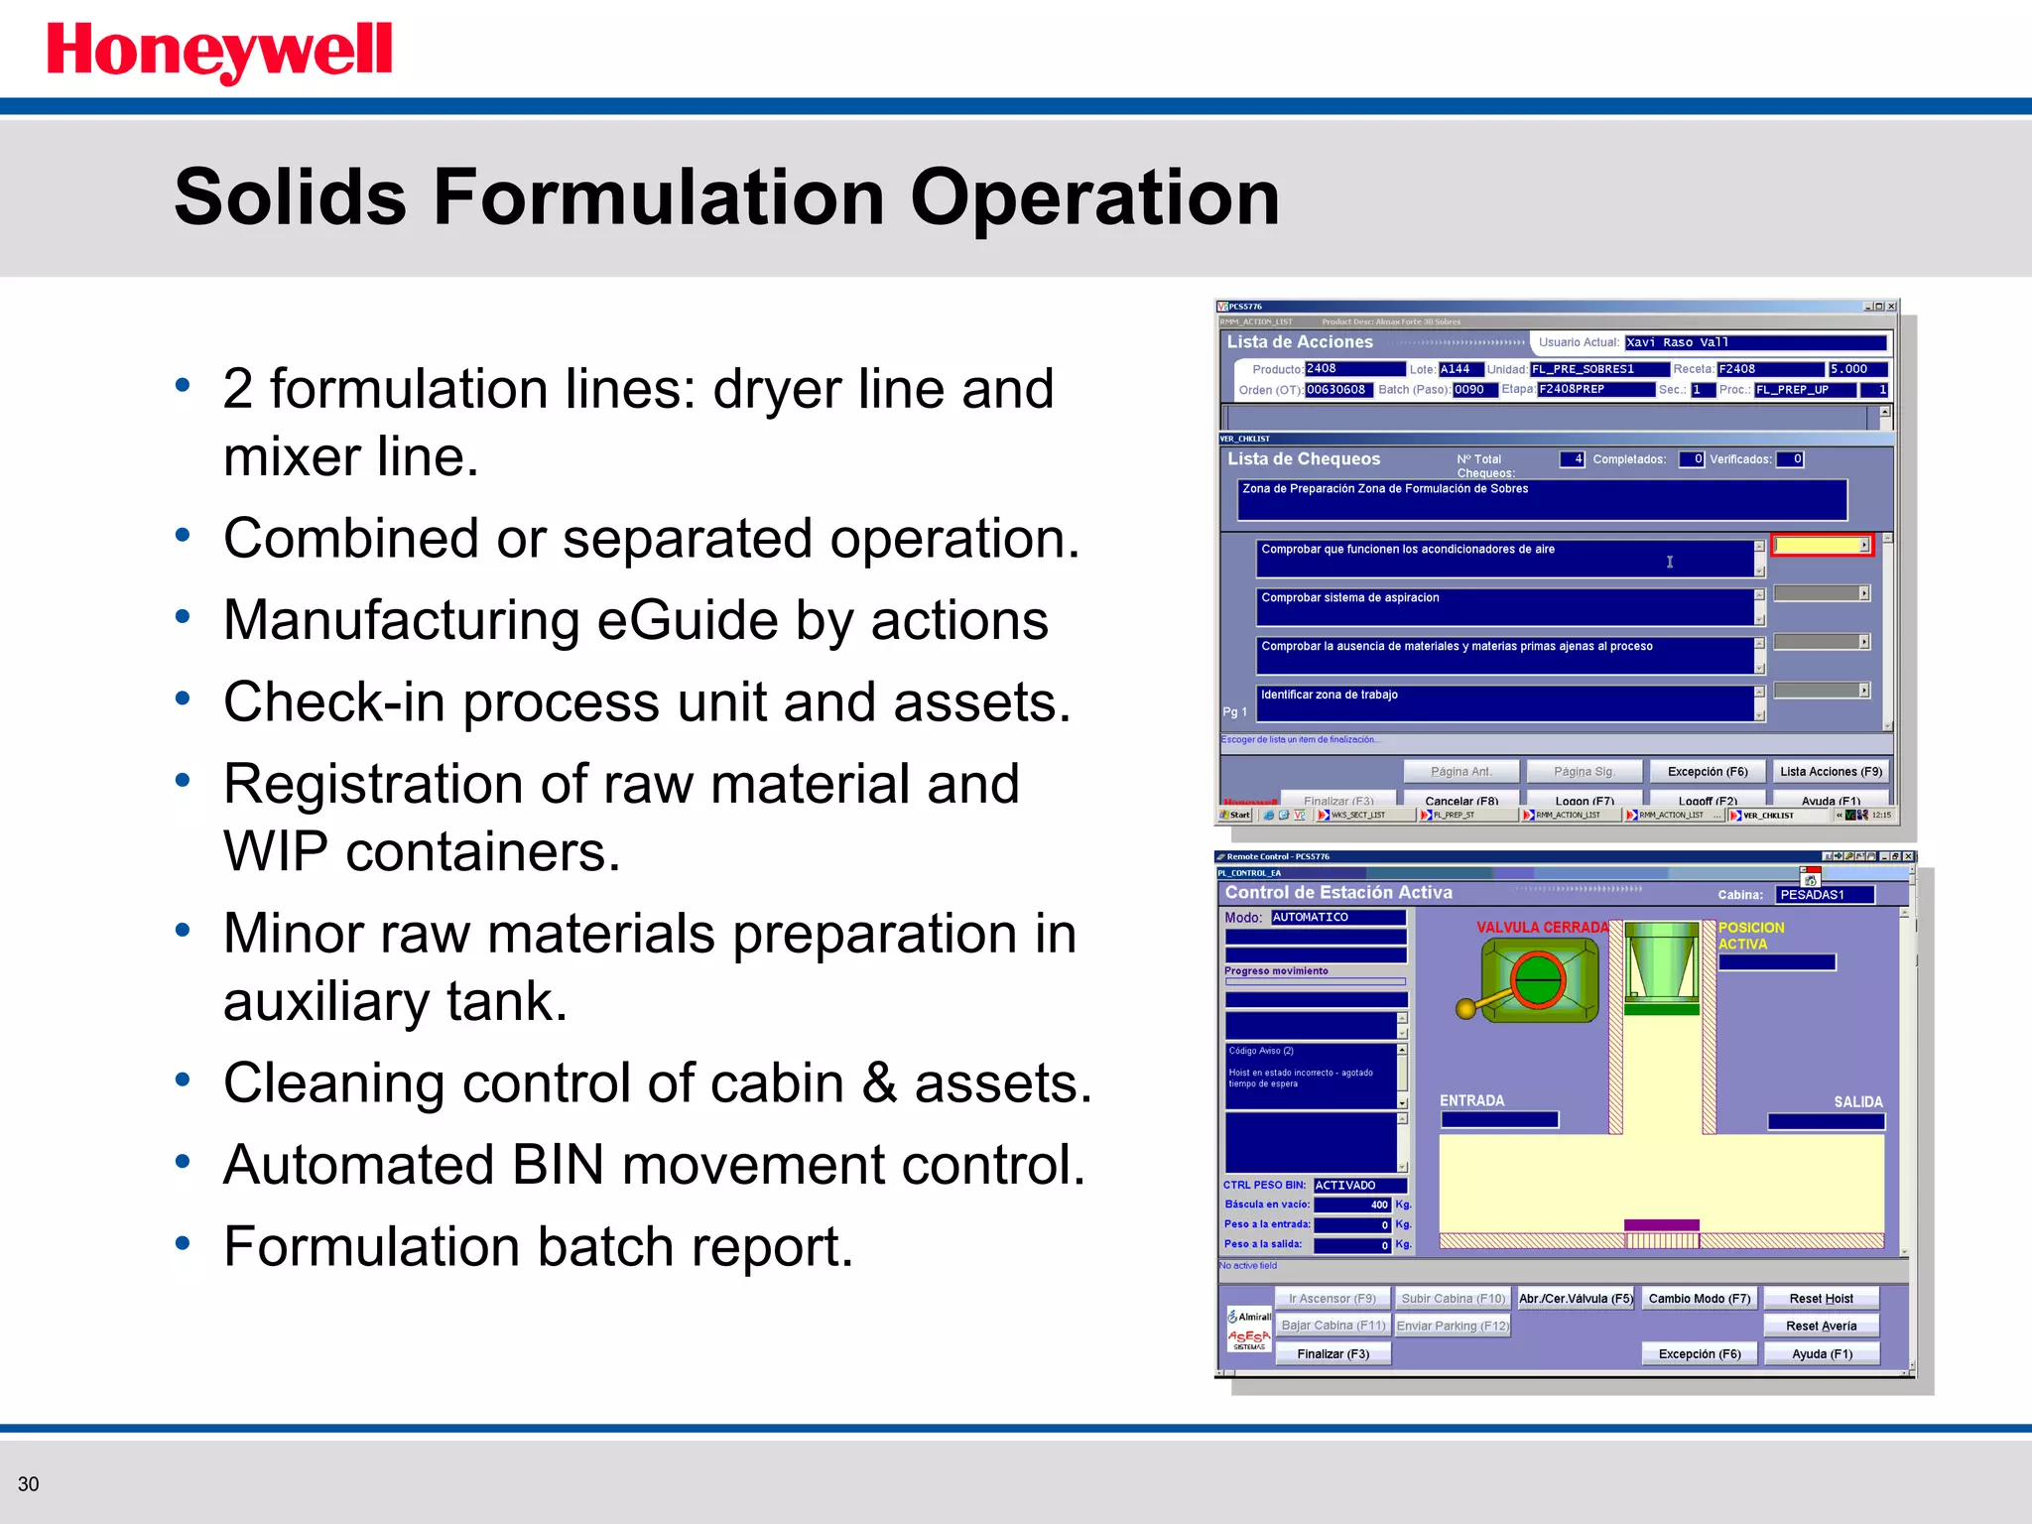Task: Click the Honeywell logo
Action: pyautogui.click(x=219, y=52)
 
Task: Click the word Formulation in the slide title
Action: pyautogui.click(x=658, y=197)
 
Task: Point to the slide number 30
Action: pyautogui.click(x=28, y=1484)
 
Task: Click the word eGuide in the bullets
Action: pyautogui.click(x=688, y=620)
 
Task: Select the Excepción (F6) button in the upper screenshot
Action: pyautogui.click(x=1707, y=771)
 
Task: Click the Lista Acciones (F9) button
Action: pyautogui.click(x=1831, y=771)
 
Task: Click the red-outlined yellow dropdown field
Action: pyautogui.click(x=1821, y=545)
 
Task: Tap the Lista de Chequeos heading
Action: pyautogui.click(x=1303, y=458)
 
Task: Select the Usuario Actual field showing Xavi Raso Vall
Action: pyautogui.click(x=1755, y=342)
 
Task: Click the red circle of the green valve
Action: pyautogui.click(x=1537, y=979)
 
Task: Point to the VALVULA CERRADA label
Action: pyautogui.click(x=1542, y=927)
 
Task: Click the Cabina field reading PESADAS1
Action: pyautogui.click(x=1825, y=894)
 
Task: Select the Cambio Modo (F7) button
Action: pyautogui.click(x=1699, y=1298)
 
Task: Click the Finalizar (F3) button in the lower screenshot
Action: pyautogui.click(x=1333, y=1353)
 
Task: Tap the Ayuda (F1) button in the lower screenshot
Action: pyautogui.click(x=1822, y=1353)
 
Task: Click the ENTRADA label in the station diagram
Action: pyautogui.click(x=1471, y=1100)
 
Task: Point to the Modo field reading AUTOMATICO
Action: pyautogui.click(x=1337, y=917)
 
